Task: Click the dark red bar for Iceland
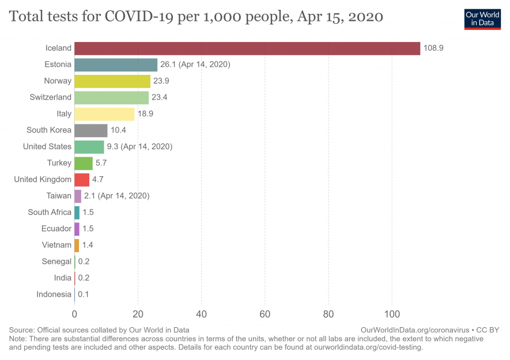[x=247, y=48]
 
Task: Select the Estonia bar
[x=116, y=65]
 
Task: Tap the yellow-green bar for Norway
[x=112, y=81]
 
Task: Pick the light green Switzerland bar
[x=111, y=97]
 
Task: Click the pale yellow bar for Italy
[x=104, y=114]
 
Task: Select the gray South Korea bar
[x=91, y=130]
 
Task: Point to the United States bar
[x=89, y=147]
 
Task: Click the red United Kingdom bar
[x=82, y=180]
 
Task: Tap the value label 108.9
[x=433, y=48]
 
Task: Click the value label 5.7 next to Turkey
[x=101, y=163]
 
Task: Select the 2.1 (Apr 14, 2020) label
[x=117, y=196]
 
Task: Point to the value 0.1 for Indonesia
[x=84, y=294]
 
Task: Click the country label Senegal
[x=56, y=262]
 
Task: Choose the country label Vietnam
[x=56, y=245]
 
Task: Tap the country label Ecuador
[x=56, y=229]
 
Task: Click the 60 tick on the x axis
[x=265, y=314]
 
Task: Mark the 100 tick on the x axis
[x=392, y=314]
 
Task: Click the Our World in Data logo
[x=482, y=19]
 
